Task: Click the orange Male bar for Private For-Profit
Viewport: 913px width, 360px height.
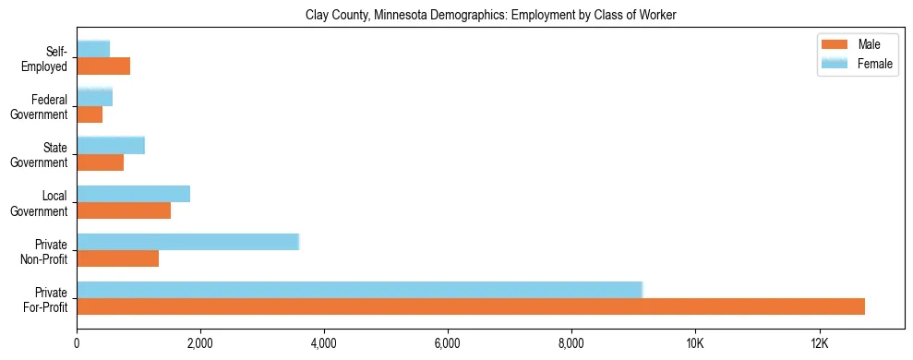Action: pyautogui.click(x=471, y=306)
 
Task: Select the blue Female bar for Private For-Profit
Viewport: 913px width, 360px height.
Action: pyautogui.click(x=359, y=290)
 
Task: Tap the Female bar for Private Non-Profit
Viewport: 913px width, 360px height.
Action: pyautogui.click(x=187, y=242)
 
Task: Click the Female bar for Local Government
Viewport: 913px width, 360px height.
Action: pyautogui.click(x=133, y=194)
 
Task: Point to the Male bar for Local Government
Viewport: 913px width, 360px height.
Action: pyautogui.click(x=124, y=210)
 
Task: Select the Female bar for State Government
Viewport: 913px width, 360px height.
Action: pyautogui.click(x=111, y=145)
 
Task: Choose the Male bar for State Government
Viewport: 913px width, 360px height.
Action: pyautogui.click(x=100, y=162)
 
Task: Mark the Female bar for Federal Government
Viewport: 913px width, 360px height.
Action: pyautogui.click(x=94, y=97)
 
